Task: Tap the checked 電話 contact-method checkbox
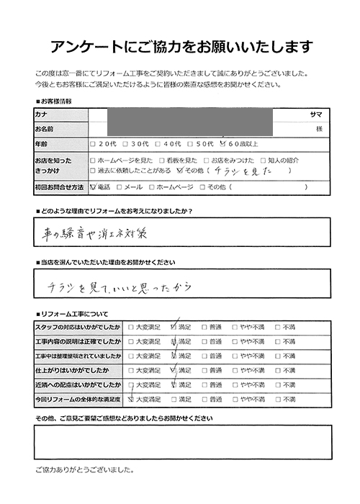click(x=92, y=187)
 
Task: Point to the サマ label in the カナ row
click(x=315, y=114)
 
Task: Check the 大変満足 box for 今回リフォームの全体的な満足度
click(x=130, y=398)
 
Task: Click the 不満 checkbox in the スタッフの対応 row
click(x=278, y=327)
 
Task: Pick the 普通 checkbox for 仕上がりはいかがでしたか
click(x=205, y=370)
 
